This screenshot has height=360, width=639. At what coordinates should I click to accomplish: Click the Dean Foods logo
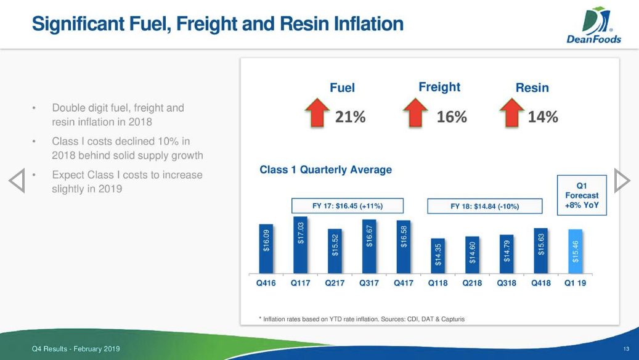pyautogui.click(x=594, y=25)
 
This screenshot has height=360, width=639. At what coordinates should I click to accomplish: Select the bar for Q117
pyautogui.click(x=300, y=245)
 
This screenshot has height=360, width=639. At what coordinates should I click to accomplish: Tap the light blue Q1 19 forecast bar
pyautogui.click(x=576, y=251)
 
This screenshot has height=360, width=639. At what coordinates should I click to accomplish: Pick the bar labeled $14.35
pyautogui.click(x=438, y=256)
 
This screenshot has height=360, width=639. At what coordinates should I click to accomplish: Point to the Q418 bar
pyautogui.click(x=541, y=251)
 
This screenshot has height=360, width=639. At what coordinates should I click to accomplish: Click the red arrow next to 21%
pyautogui.click(x=317, y=113)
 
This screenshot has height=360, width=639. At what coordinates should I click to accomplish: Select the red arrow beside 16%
pyautogui.click(x=415, y=113)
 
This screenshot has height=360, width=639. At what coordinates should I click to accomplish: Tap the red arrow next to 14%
pyautogui.click(x=512, y=113)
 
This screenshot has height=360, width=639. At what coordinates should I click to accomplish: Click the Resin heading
pyautogui.click(x=532, y=88)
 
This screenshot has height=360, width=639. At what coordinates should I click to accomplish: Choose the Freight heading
pyautogui.click(x=439, y=87)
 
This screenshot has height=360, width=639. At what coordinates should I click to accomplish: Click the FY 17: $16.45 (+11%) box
pyautogui.click(x=348, y=206)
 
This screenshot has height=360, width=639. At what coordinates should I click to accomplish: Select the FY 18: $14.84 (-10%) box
pyautogui.click(x=485, y=207)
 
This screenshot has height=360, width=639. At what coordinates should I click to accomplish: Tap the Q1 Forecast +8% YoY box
pyautogui.click(x=582, y=195)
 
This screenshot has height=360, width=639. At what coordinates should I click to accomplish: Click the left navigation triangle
pyautogui.click(x=17, y=181)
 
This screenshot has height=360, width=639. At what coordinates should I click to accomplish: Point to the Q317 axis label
pyautogui.click(x=369, y=283)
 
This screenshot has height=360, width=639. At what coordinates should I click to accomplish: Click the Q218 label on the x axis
pyautogui.click(x=473, y=283)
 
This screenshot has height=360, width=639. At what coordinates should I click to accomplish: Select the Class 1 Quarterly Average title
pyautogui.click(x=325, y=170)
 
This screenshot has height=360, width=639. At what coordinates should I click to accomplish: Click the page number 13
pyautogui.click(x=626, y=349)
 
